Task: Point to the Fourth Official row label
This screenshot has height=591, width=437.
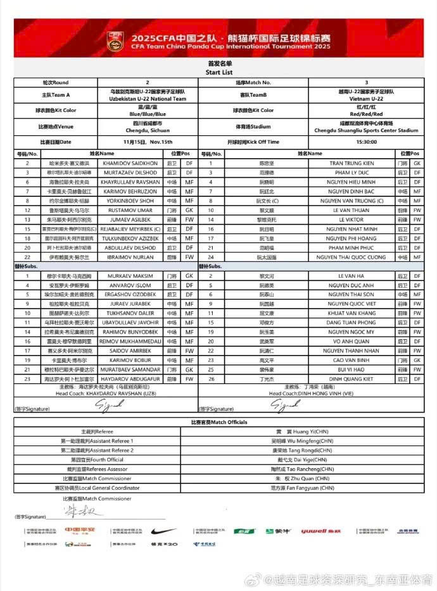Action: pos(97,459)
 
